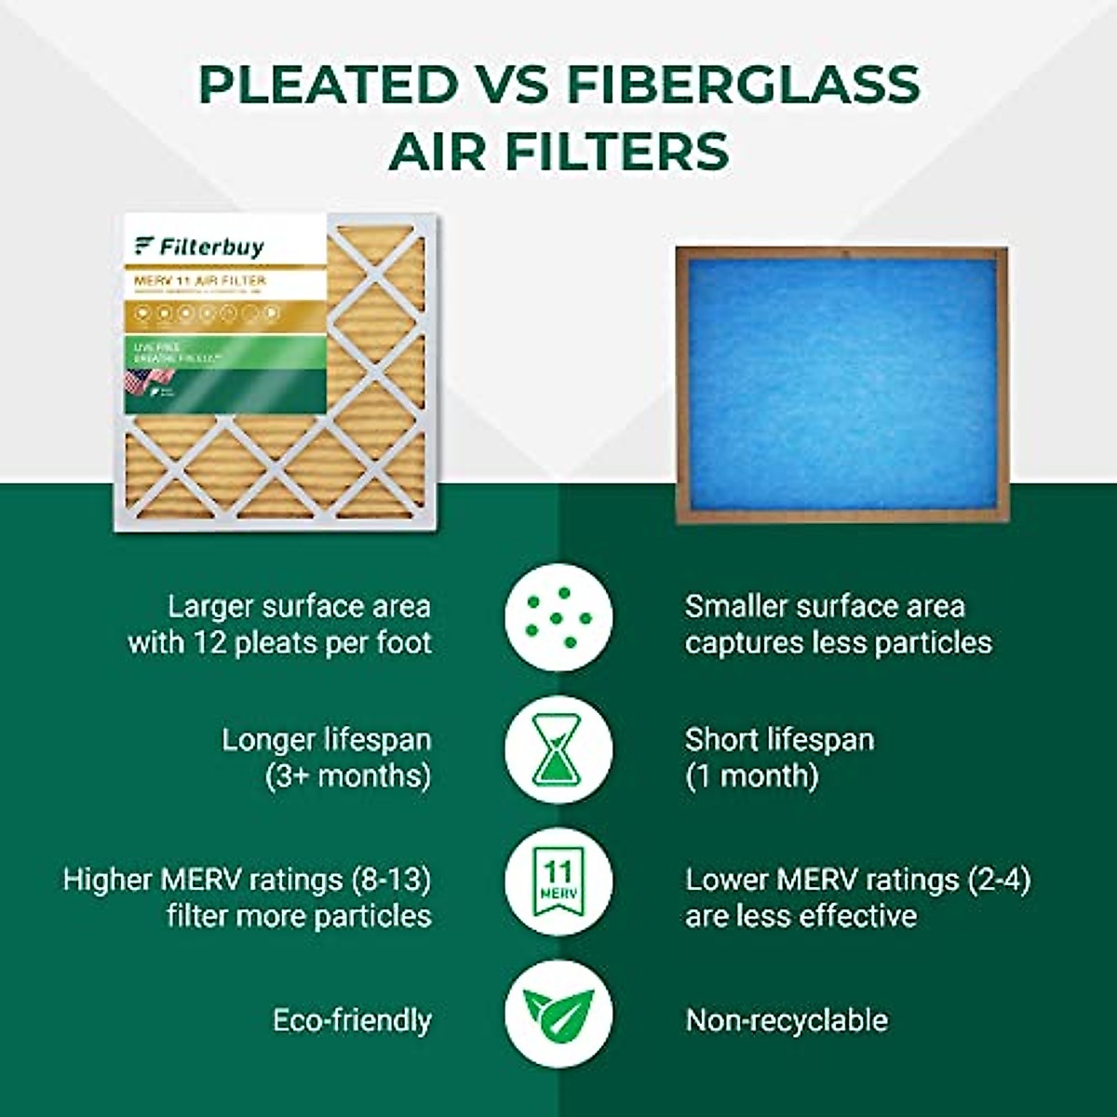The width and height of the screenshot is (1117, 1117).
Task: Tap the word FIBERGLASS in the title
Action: pos(742,85)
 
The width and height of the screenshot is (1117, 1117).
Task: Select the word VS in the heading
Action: pos(511,85)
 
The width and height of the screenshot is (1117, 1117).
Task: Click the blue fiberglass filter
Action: pos(841,384)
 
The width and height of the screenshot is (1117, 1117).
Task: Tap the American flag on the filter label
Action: pos(149,378)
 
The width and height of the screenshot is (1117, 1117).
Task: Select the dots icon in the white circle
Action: pos(558,618)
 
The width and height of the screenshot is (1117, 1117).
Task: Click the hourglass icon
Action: pos(558,749)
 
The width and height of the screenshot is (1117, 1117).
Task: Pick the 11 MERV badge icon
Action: pos(558,881)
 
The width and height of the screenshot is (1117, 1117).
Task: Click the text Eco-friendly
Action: pos(352,1020)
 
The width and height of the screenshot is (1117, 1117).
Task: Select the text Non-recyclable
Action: pos(787,1020)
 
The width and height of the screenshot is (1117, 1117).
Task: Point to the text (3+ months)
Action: pos(348,776)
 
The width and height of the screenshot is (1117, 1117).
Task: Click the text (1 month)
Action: pos(752,776)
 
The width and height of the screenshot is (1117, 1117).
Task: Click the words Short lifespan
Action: pos(780,740)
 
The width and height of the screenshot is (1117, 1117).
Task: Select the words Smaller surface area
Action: pos(825,607)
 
